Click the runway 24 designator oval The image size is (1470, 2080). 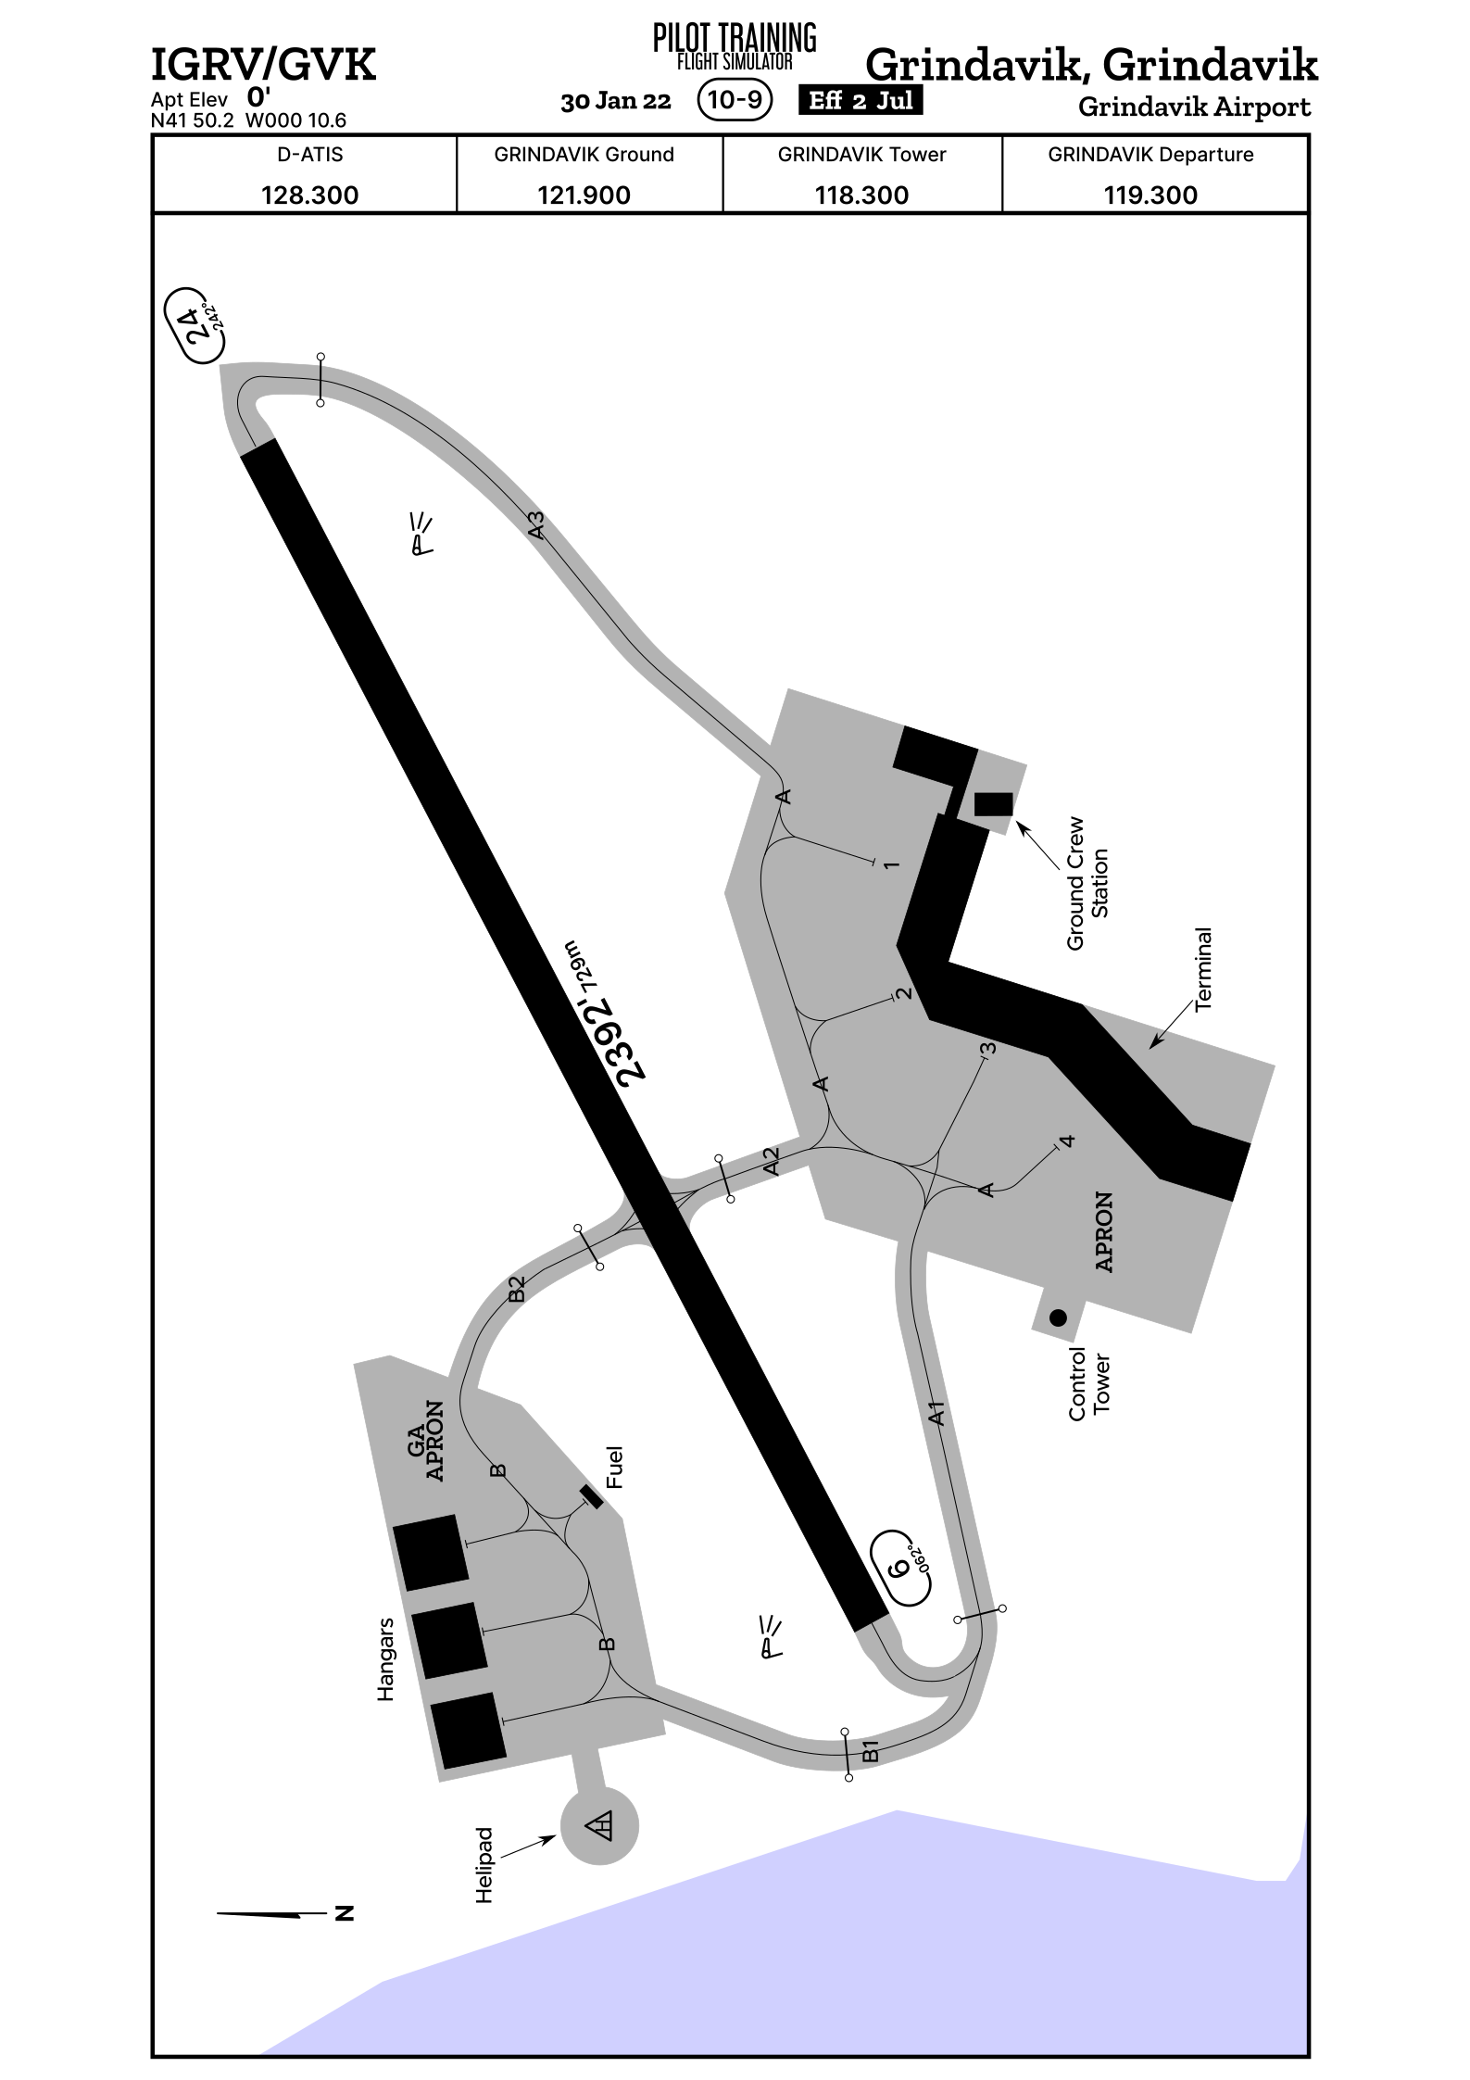(197, 326)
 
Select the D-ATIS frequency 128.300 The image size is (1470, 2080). (309, 195)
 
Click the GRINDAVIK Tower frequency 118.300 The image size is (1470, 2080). (861, 195)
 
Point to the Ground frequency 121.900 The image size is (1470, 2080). (584, 195)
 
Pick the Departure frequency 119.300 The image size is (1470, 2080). (1150, 195)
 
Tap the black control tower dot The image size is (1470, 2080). (1057, 1317)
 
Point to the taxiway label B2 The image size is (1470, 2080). (517, 1289)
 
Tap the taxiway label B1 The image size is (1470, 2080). (870, 1750)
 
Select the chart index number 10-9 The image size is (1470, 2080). (735, 99)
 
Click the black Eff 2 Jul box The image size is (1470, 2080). (861, 100)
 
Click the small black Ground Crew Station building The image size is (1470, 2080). (994, 803)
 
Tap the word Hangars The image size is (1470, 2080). (385, 1659)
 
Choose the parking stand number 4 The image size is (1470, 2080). (1068, 1141)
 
